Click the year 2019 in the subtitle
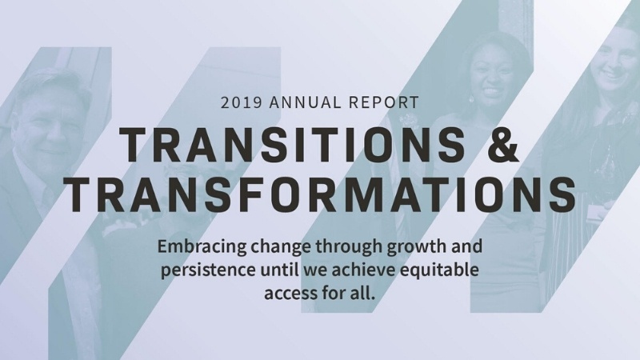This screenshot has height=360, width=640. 238,103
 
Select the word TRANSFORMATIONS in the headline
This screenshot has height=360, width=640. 320,195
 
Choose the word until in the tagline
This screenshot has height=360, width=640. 278,270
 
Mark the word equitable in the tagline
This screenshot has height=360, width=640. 443,270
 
